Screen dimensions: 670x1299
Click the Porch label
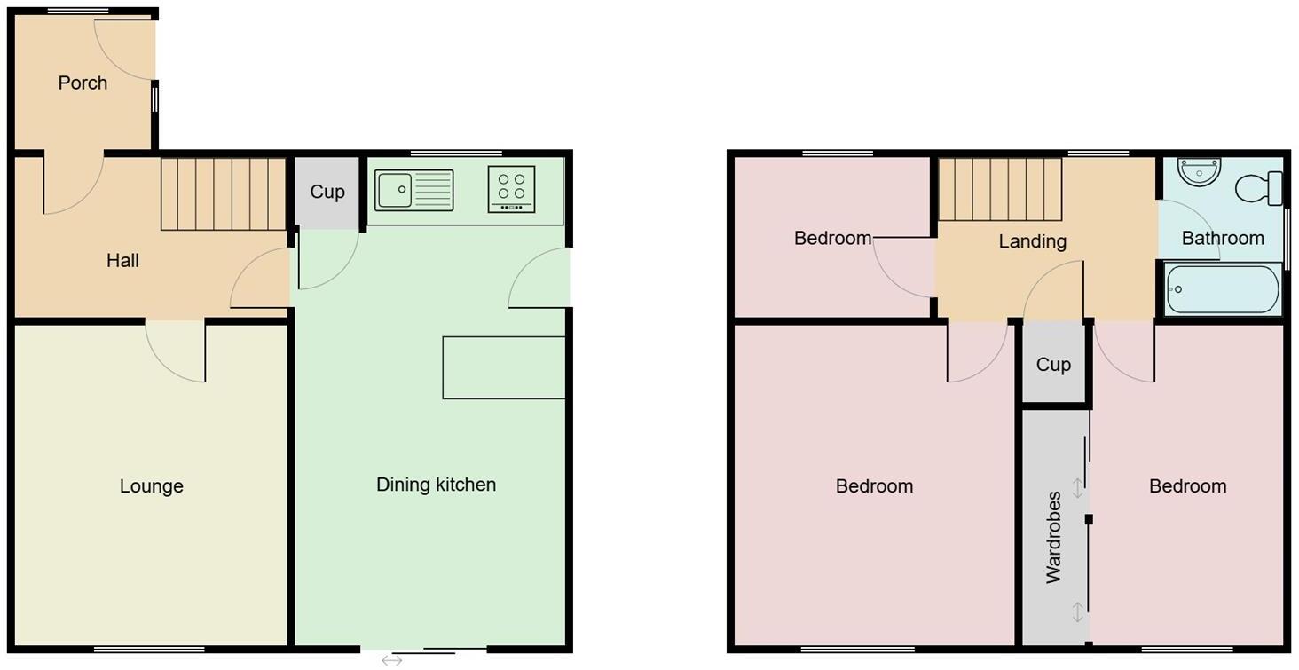[x=83, y=83]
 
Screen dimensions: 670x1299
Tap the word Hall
[x=122, y=261]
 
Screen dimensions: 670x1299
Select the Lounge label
[x=152, y=486]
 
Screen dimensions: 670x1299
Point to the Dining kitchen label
[x=436, y=485]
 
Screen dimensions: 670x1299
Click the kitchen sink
[x=413, y=190]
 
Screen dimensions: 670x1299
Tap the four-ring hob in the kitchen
[x=511, y=189]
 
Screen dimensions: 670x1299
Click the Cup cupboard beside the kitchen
[x=327, y=192]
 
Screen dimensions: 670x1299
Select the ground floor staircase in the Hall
[x=223, y=194]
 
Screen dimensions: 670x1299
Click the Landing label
[x=1032, y=241]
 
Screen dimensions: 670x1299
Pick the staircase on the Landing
[x=1000, y=189]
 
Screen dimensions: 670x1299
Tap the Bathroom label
[x=1223, y=238]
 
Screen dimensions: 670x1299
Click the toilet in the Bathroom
[x=1258, y=187]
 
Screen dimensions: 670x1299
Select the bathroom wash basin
[x=1200, y=171]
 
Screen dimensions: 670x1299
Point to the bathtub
[x=1223, y=289]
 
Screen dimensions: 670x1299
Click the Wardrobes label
[x=1053, y=537]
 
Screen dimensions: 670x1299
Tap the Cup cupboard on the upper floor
[x=1053, y=365]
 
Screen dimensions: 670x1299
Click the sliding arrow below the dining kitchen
[x=391, y=660]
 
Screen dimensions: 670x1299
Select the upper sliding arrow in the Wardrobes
[x=1077, y=487]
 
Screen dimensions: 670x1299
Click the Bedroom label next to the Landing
[x=832, y=238]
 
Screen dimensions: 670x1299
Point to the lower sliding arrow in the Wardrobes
[x=1077, y=611]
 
